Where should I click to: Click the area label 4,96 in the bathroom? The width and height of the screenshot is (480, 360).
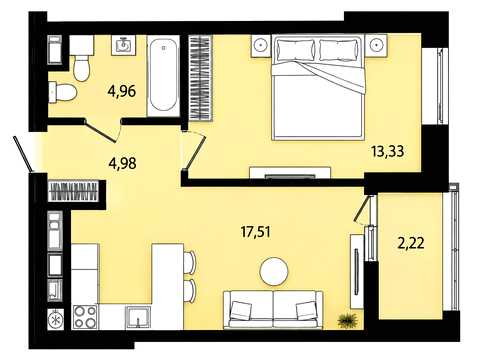coord(122,91)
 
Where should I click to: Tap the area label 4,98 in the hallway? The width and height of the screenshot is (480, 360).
coord(122,163)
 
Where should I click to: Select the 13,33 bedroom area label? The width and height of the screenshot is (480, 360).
coord(388,151)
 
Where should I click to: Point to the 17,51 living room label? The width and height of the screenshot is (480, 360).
coord(255,232)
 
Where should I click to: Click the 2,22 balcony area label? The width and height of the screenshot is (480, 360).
coord(411,243)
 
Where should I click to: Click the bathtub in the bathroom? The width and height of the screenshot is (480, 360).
coord(163,75)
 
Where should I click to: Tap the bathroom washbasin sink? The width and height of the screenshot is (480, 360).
coord(124,45)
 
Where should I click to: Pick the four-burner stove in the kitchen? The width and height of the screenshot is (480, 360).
coord(85,317)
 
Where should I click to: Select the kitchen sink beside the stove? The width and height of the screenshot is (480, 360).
coord(138,318)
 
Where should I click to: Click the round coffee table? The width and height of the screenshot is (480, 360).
coord(274,272)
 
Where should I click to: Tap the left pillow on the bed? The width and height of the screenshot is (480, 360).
coord(295,50)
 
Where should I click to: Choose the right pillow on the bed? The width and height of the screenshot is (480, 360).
coord(338,50)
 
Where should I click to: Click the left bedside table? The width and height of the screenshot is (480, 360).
coord(262,45)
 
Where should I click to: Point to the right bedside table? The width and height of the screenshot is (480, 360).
coord(376,45)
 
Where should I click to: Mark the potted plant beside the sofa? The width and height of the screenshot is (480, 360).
coord(347,321)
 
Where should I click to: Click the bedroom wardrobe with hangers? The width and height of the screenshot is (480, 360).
coord(201,77)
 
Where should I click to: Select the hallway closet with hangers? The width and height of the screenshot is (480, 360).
coord(73,191)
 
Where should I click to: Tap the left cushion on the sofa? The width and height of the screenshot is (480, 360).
coord(241,310)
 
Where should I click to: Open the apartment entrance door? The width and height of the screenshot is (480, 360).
coord(23,154)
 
